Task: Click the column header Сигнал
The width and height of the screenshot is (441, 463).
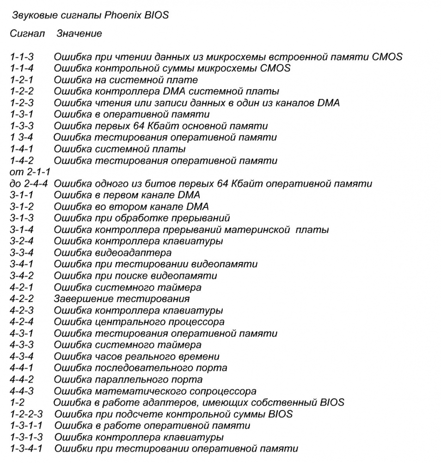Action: [x=27, y=34]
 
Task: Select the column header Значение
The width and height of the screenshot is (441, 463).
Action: [x=79, y=34]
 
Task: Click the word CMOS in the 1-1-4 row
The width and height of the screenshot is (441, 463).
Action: [x=276, y=69]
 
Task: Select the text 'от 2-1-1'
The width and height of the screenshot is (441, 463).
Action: [x=30, y=172]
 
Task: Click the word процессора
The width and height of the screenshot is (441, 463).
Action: [x=197, y=322]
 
